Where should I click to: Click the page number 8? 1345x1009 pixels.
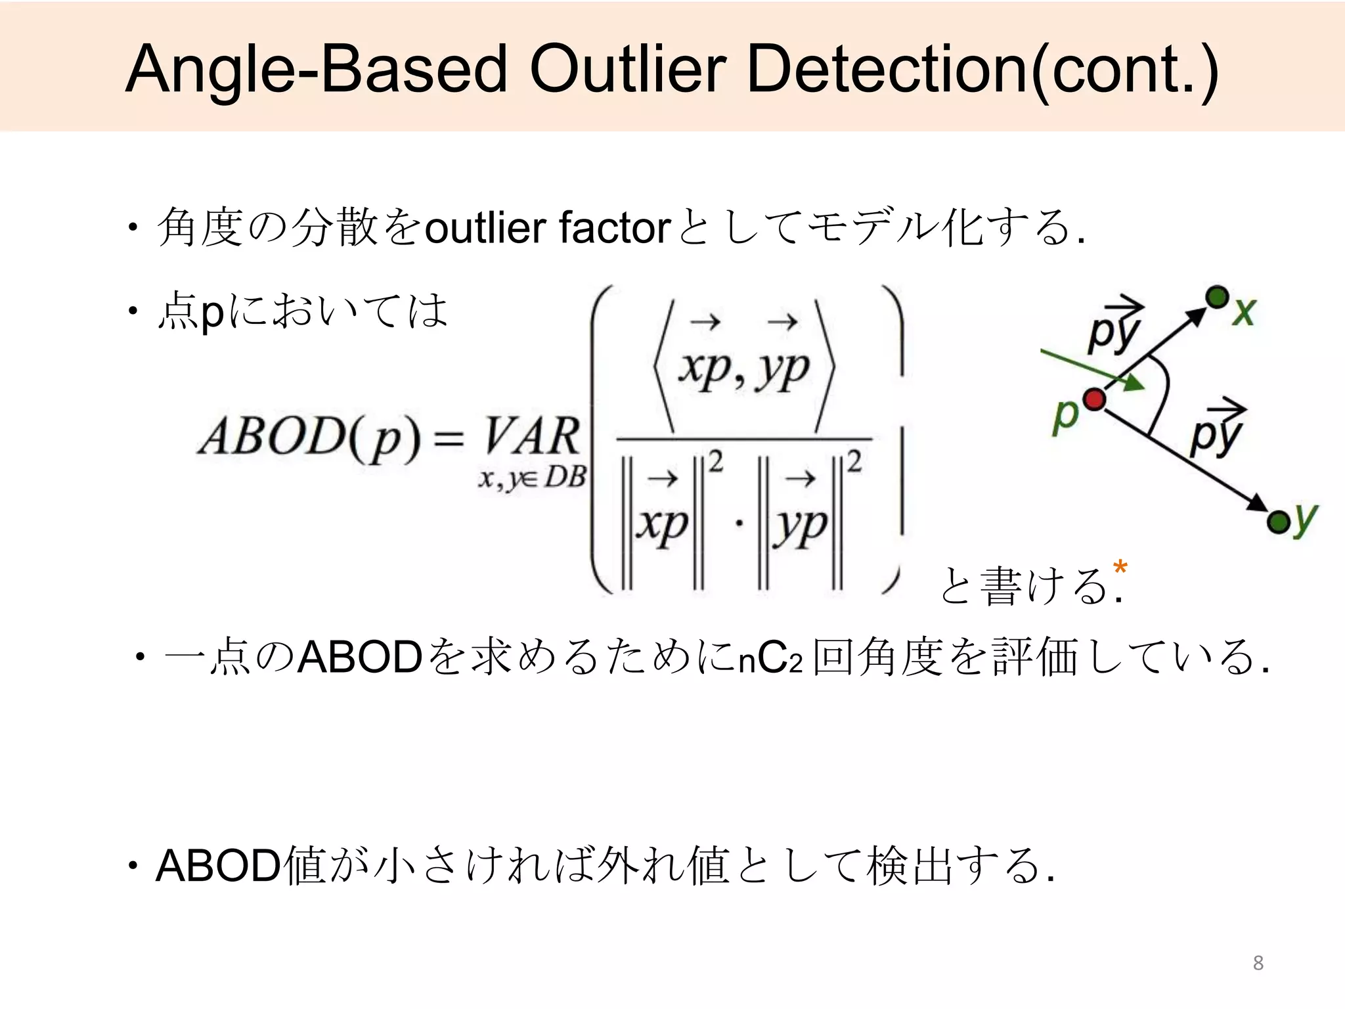[1258, 963]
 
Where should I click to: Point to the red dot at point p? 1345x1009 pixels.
[1094, 399]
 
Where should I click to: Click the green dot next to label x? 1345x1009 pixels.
[1217, 297]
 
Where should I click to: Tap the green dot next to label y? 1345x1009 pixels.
[1277, 523]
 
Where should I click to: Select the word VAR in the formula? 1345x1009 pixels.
[532, 437]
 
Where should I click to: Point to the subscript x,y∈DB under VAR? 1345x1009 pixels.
[531, 478]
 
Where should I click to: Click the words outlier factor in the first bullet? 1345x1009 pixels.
[547, 228]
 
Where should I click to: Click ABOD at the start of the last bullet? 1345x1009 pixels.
[218, 866]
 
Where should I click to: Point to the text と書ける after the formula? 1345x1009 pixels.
[1025, 586]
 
